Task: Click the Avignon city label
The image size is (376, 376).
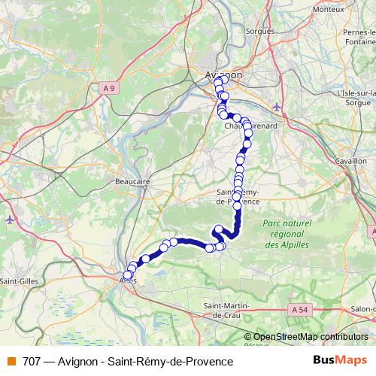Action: (223, 74)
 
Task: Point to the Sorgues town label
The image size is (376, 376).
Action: (260, 32)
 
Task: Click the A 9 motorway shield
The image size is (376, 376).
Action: (111, 88)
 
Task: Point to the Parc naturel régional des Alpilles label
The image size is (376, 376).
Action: (287, 235)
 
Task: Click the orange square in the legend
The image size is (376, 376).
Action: (9, 362)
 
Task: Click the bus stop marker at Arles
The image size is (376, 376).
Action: (127, 275)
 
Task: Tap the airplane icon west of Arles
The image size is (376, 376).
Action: (9, 220)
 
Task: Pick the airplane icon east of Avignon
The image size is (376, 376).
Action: (278, 106)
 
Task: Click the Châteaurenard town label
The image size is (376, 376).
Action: (252, 126)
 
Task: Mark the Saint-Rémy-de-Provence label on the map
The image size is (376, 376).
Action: (236, 197)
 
